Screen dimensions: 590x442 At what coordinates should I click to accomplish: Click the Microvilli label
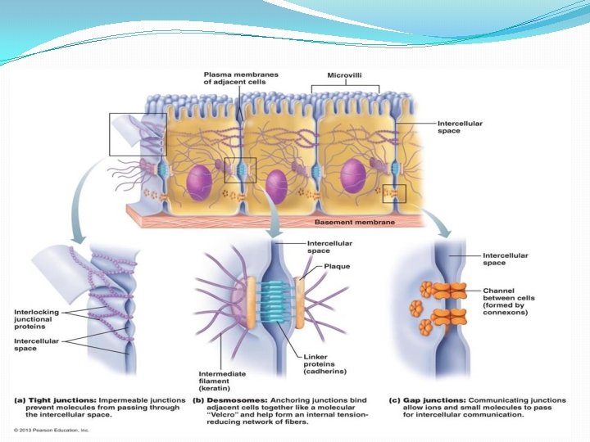pyautogui.click(x=345, y=74)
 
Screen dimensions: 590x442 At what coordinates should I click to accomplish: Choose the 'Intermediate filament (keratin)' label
pyautogui.click(x=223, y=381)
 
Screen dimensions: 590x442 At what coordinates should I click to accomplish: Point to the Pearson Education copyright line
pyautogui.click(x=51, y=429)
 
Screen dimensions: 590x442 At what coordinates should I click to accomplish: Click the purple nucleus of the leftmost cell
pyautogui.click(x=199, y=181)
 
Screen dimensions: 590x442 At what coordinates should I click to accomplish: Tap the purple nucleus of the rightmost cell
pyautogui.click(x=354, y=176)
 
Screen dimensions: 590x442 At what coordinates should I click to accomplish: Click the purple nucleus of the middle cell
pyautogui.click(x=276, y=187)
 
